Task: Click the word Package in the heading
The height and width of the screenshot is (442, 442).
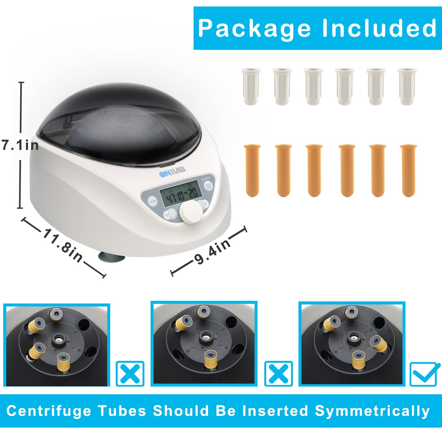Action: (254, 29)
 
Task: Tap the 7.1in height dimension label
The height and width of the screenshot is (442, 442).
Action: (20, 145)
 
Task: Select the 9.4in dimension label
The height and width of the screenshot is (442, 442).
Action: (212, 251)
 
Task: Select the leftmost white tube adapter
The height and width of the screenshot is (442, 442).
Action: (251, 86)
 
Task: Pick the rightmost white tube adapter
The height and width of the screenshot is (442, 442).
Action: (407, 86)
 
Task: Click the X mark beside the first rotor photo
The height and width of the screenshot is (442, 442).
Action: (130, 373)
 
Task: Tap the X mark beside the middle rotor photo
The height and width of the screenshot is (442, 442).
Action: (278, 373)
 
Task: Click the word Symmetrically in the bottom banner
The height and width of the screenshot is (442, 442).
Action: (372, 411)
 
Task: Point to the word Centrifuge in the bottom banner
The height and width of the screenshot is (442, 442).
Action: (49, 411)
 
